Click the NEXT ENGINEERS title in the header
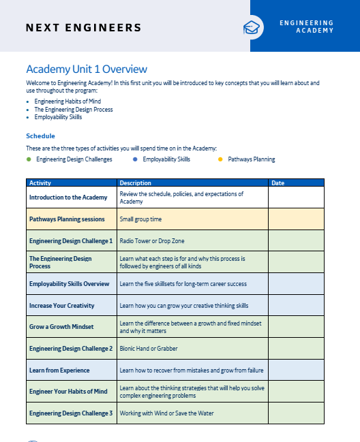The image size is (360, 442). tap(83, 28)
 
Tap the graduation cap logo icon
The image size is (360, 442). tap(252, 27)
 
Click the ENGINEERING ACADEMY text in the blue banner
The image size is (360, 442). tap(306, 27)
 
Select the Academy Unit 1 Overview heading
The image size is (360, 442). tap(86, 69)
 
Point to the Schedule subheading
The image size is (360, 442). tap(40, 136)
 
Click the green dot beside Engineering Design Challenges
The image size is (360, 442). tap(29, 159)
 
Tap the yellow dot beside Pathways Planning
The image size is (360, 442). tap(220, 159)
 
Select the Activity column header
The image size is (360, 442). tap(40, 183)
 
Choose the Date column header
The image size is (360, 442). tap(278, 183)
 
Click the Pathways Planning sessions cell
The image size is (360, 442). tap(67, 219)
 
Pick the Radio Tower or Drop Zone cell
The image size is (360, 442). tap(152, 241)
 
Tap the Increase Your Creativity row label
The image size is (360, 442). tap(61, 306)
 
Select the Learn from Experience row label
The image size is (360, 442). tap(59, 370)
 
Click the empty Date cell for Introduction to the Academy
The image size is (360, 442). tap(296, 198)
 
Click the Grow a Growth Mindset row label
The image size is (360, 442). tap(61, 327)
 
